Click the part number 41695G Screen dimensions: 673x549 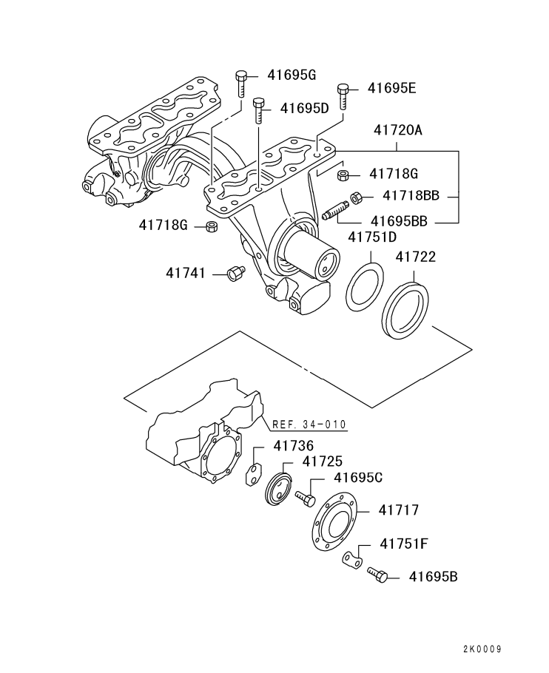292,75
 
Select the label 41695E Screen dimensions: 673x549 392,89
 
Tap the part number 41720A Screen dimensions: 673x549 397,130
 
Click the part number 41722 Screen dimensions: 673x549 415,257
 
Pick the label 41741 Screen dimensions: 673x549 185,274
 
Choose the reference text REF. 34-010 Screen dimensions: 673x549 309,425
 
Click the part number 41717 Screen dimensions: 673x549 399,510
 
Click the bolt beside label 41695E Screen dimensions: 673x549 343,95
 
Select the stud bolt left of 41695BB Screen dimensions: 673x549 335,210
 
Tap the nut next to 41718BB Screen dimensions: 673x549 355,197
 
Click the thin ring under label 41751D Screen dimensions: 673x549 366,284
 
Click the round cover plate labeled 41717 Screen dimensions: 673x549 334,528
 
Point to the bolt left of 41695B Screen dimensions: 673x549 377,573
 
